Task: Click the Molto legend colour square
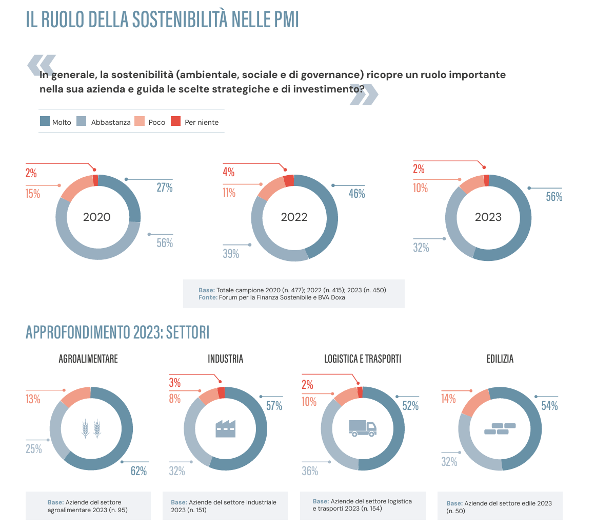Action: point(45,122)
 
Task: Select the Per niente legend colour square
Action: point(175,122)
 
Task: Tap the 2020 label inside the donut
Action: point(97,217)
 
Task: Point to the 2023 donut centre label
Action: point(488,217)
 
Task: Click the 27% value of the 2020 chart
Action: point(165,188)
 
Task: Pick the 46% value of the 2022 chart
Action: point(356,194)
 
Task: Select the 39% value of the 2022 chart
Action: point(231,254)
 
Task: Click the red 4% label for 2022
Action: point(228,173)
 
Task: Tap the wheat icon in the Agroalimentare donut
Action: point(91,428)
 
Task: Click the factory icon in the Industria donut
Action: point(225,428)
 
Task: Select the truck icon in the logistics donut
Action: point(363,427)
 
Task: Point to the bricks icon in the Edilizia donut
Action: point(500,428)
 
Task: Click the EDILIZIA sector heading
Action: point(500,359)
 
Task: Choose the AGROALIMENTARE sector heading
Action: point(88,359)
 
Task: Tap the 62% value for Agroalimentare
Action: point(138,471)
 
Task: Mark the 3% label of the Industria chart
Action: point(174,383)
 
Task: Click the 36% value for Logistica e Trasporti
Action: point(310,471)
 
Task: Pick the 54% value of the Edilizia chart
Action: point(549,406)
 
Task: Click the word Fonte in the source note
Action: point(208,297)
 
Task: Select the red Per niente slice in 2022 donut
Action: point(289,180)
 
